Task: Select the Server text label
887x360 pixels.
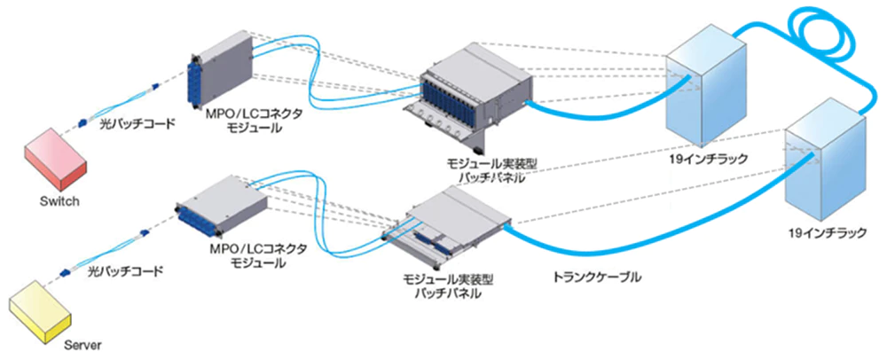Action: tap(85, 344)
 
